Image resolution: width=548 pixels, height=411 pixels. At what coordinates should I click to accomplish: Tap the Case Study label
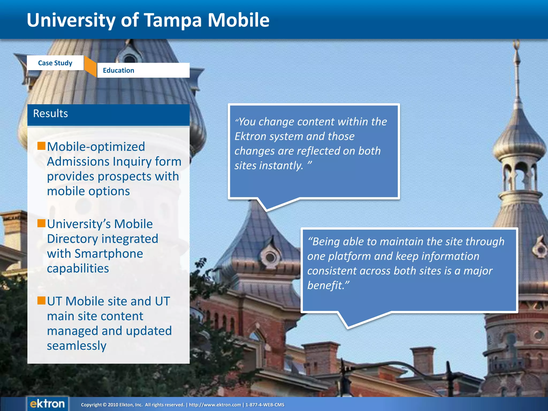pos(55,63)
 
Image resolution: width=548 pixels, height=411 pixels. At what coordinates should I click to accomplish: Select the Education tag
pos(118,70)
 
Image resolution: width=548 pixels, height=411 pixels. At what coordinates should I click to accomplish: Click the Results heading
pos(51,113)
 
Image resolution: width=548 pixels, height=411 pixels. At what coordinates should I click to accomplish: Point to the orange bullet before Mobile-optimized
pos(41,146)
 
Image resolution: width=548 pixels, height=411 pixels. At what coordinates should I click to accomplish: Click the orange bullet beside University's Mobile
pos(41,223)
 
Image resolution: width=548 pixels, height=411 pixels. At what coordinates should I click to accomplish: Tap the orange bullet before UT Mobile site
pos(41,300)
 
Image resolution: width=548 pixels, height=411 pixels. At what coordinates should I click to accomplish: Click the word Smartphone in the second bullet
pos(109,254)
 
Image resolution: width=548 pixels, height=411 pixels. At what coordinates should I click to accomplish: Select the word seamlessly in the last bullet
pos(77,346)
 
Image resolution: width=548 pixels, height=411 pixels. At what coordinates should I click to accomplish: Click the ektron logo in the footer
pos(47,404)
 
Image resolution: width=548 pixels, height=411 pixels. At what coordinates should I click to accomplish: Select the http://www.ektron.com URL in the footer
pos(215,405)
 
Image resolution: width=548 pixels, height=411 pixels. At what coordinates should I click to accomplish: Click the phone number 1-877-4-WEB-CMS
pos(265,405)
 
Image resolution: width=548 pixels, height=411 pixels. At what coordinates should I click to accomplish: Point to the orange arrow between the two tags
pos(90,67)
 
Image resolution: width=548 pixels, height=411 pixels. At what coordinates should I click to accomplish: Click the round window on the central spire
pos(270,257)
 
